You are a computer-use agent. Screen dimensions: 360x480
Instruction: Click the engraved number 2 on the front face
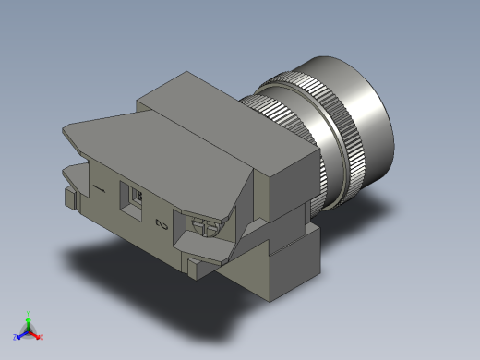click(162, 224)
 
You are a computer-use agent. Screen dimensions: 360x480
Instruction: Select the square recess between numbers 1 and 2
click(135, 199)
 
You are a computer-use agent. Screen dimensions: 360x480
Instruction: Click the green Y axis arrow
click(29, 318)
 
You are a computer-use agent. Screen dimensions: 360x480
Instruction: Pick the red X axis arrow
click(37, 334)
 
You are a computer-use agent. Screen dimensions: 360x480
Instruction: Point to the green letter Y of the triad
click(29, 313)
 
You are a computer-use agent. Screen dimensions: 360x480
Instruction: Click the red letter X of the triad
click(42, 337)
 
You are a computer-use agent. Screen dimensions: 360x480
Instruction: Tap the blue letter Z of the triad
click(16, 337)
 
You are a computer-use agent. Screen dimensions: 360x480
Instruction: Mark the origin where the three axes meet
click(29, 330)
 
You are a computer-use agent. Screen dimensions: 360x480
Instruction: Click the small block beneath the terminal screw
click(198, 268)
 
